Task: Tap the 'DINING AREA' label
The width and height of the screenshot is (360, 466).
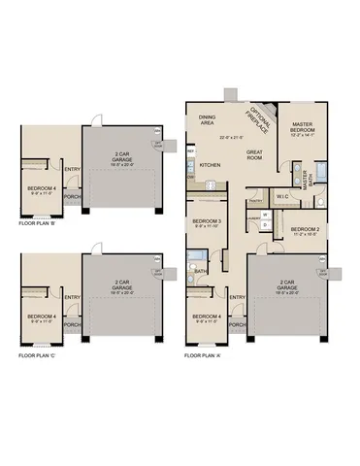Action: (207, 120)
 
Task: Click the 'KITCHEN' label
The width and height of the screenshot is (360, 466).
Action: (211, 166)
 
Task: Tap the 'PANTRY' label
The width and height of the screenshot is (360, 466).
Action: (256, 201)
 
